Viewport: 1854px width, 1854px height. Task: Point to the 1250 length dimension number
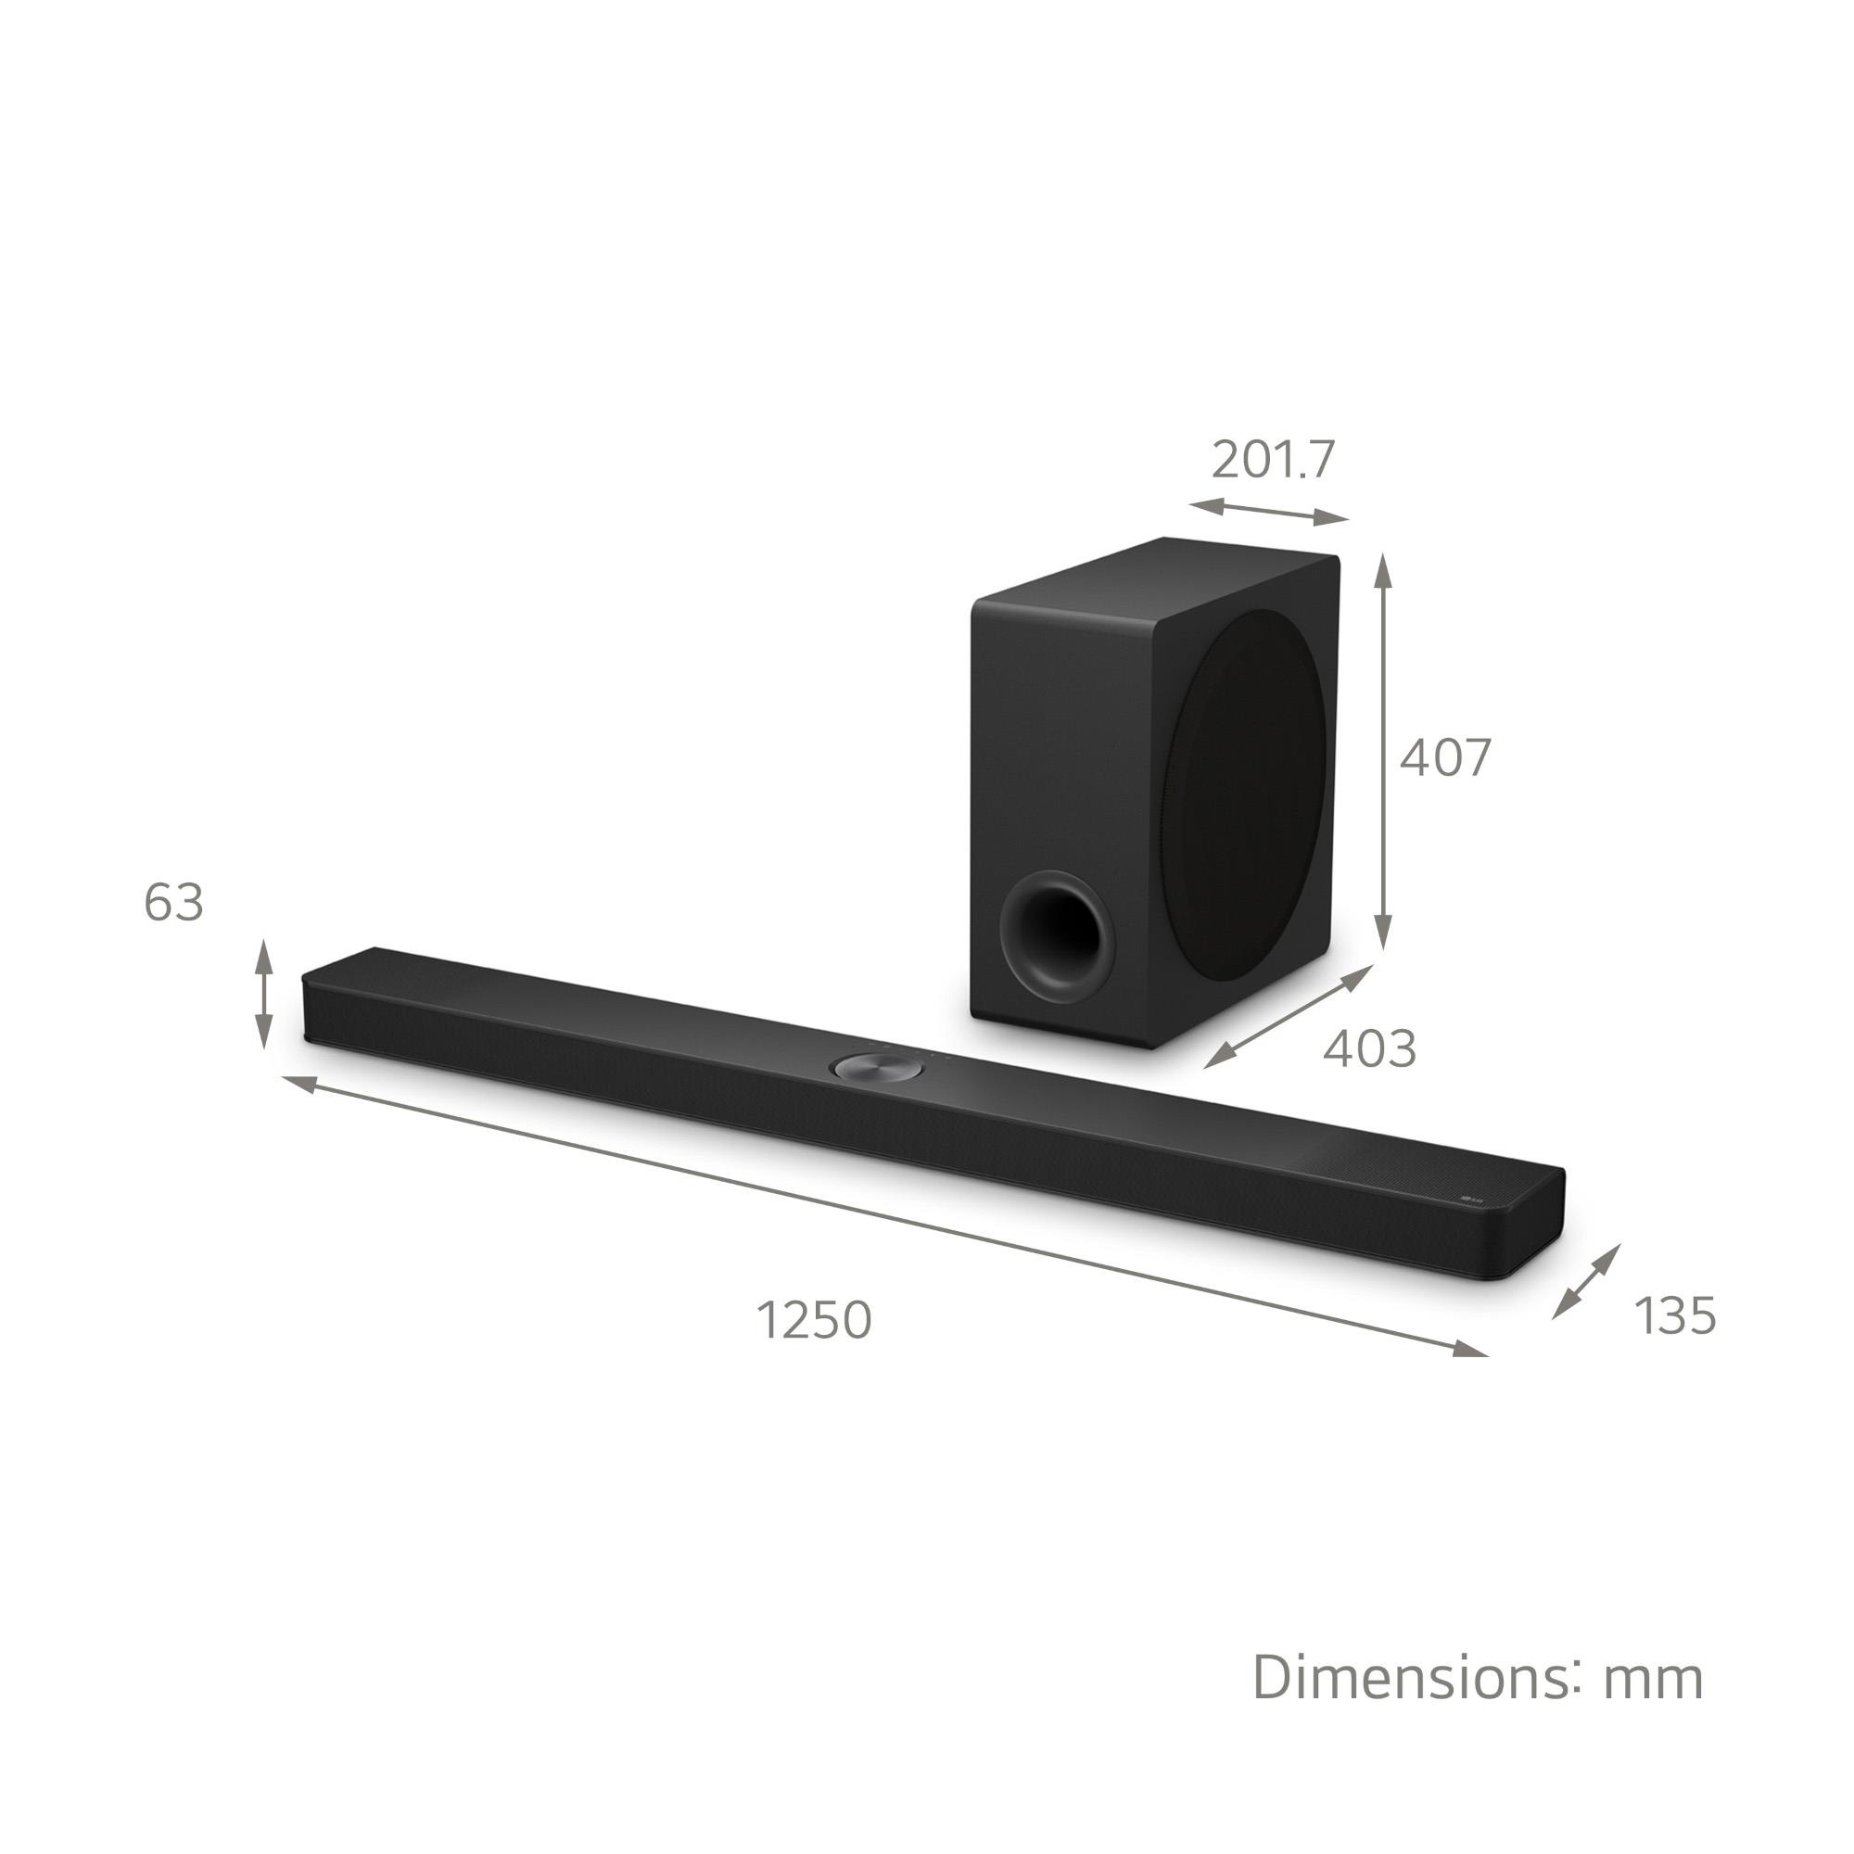(x=815, y=1319)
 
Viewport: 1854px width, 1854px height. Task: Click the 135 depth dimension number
(x=1674, y=1315)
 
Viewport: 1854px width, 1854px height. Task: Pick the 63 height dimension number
(x=173, y=903)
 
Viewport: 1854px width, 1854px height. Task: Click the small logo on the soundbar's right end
(x=1472, y=1198)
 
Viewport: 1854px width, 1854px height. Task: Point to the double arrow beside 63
(x=263, y=994)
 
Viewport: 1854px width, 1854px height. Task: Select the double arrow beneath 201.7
(x=1269, y=513)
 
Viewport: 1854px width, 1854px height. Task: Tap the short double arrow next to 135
(x=1586, y=1281)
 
